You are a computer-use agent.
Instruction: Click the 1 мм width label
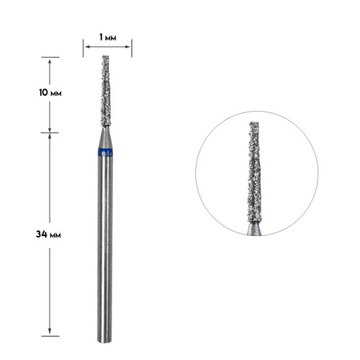pos(107,35)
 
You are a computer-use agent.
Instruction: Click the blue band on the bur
pos(106,152)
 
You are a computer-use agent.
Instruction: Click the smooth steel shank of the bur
pos(106,245)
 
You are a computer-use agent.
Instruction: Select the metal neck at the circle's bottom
pos(255,230)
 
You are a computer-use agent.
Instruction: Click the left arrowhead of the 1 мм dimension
pos(86,48)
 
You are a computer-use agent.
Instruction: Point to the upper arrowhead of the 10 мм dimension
pos(50,60)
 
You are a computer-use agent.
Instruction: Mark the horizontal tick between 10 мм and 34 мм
pos(50,132)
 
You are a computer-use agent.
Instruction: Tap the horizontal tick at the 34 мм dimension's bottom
pos(50,336)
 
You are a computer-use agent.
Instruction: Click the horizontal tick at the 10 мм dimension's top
pos(50,57)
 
